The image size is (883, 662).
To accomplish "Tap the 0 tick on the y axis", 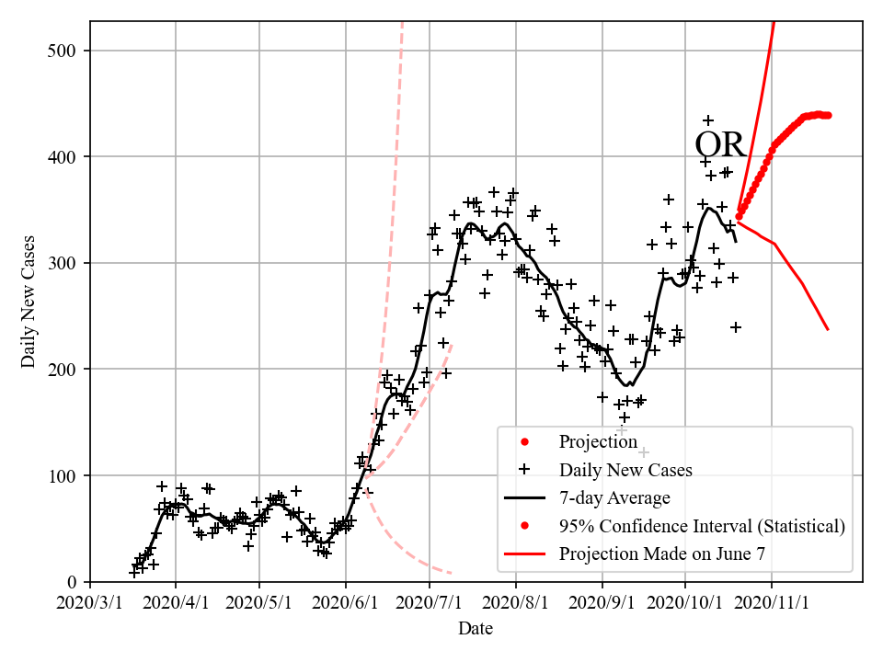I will click(x=73, y=582).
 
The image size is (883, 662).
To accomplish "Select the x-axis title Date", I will click(x=476, y=629).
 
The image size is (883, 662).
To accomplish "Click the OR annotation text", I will click(x=719, y=146).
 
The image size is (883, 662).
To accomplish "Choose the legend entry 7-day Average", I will click(x=614, y=498).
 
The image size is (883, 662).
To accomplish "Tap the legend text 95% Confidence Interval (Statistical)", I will click(x=701, y=527).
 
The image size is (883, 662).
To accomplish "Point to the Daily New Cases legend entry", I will click(x=625, y=470).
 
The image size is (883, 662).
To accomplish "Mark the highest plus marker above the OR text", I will click(x=708, y=120).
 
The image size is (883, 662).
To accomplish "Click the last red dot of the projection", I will click(x=829, y=115).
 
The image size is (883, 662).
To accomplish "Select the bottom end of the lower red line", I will click(x=828, y=329).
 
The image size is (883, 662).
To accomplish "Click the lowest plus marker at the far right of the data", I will click(x=736, y=326).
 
